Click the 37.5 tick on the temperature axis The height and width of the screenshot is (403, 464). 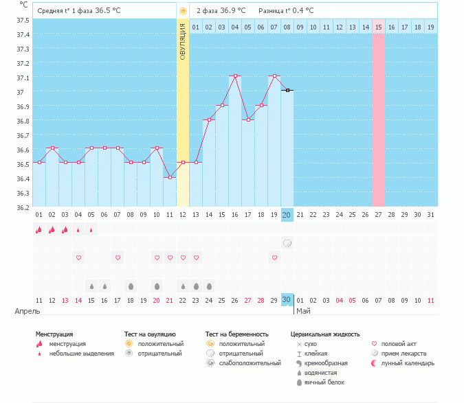coord(23,20)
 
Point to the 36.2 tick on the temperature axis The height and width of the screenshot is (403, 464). coord(23,207)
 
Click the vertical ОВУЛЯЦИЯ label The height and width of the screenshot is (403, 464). coord(183,41)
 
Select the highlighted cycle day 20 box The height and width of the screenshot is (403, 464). coord(287,215)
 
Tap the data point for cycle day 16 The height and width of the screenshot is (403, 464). coord(235,76)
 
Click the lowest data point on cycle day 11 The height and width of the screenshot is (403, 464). coord(170,177)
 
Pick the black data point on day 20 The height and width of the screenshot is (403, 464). coord(287,91)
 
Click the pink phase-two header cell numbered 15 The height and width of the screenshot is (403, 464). coord(378,27)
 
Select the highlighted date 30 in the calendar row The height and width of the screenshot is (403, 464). coord(287,300)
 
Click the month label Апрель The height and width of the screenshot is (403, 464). coord(23,311)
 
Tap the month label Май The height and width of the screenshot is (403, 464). coord(302,311)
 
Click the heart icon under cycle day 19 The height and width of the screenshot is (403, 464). coord(274,257)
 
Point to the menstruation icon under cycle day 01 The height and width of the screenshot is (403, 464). coord(39,230)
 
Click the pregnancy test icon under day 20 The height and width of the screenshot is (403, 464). coord(287,243)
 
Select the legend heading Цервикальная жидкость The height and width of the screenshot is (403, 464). coord(325,334)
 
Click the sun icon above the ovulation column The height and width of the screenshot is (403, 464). coord(183,11)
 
